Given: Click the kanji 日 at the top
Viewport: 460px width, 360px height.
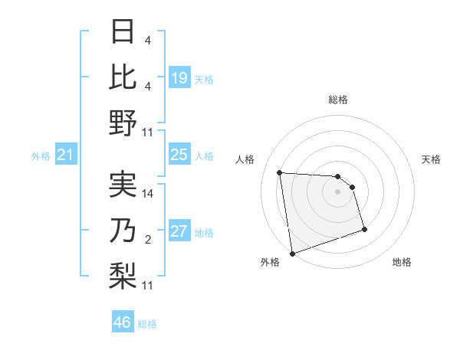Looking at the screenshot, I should (x=123, y=33).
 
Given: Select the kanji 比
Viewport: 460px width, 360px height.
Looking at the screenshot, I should (x=123, y=77).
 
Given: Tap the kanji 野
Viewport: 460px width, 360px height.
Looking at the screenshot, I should (x=123, y=122).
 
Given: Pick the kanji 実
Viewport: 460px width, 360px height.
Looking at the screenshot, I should (x=123, y=185).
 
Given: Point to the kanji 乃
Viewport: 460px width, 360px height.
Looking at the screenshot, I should (x=123, y=230).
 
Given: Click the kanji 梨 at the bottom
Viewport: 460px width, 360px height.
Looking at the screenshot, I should (x=123, y=273).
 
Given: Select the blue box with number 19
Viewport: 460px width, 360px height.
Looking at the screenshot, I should (x=179, y=78).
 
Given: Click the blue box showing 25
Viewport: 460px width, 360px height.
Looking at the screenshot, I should (x=179, y=155).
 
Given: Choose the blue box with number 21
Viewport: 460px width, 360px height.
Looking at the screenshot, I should (x=66, y=155).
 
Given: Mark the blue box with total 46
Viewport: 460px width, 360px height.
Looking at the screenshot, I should (x=123, y=322).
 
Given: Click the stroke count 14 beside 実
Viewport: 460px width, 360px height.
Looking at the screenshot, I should (x=149, y=194).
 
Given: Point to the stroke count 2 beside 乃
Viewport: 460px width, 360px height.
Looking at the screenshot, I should (x=148, y=240).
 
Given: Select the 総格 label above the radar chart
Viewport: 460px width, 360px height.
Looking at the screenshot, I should (x=338, y=100).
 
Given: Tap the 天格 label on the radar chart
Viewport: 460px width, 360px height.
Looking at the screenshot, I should (x=432, y=159).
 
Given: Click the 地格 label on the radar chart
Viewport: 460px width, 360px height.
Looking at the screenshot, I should (x=402, y=262).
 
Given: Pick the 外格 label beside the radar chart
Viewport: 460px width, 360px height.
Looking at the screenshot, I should (x=270, y=262).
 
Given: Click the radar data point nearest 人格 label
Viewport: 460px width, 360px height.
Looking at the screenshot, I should (x=280, y=172).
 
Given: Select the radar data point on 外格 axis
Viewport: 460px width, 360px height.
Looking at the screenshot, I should (x=292, y=253).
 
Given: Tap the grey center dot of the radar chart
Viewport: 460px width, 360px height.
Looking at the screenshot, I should (x=338, y=191).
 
